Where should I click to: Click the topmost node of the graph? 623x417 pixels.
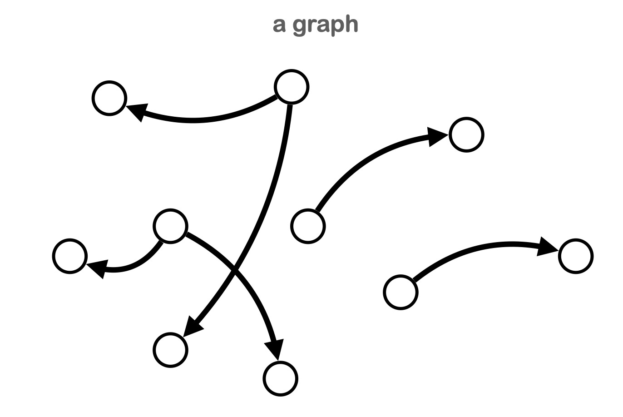coord(292,87)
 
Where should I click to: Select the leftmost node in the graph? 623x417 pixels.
coord(70,256)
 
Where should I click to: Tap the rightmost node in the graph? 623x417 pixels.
coord(576,256)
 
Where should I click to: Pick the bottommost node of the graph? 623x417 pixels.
coord(281,379)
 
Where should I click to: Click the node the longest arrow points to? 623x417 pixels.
coord(170,350)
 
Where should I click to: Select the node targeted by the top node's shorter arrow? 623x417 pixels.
coord(109,98)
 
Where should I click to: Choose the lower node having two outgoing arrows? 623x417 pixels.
coord(170,226)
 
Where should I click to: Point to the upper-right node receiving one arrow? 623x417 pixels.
coord(466,135)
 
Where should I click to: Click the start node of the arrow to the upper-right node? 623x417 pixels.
coord(308,226)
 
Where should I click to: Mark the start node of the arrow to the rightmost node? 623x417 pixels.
coord(400,292)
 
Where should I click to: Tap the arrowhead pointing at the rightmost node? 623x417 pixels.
coord(547,247)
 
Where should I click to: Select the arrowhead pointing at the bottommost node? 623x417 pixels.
coord(275,348)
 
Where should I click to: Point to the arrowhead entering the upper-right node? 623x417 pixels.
coord(437,136)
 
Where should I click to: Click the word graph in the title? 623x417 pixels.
coord(326,25)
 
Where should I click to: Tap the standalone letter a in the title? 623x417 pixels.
coord(279,25)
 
